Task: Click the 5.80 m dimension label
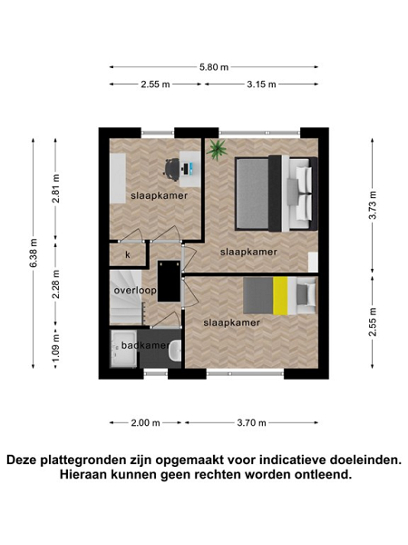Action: pyautogui.click(x=214, y=67)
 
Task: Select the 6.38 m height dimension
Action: pyautogui.click(x=34, y=253)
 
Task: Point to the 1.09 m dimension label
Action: pyautogui.click(x=56, y=347)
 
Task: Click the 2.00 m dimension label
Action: pyautogui.click(x=145, y=422)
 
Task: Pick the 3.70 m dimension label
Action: pyautogui.click(x=251, y=422)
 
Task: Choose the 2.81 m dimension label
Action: pyautogui.click(x=56, y=188)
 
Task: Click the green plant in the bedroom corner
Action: pyautogui.click(x=217, y=150)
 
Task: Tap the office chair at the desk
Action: pyautogui.click(x=171, y=170)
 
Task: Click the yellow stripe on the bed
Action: pyautogui.click(x=280, y=296)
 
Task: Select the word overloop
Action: pyautogui.click(x=135, y=291)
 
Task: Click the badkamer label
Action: pyautogui.click(x=145, y=345)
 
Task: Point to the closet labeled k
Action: pyautogui.click(x=127, y=254)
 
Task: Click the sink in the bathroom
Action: pyautogui.click(x=175, y=349)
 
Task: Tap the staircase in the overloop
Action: pyautogui.click(x=126, y=298)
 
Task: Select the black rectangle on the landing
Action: pyautogui.click(x=169, y=282)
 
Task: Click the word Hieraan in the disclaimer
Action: pyautogui.click(x=83, y=474)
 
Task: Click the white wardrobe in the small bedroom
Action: pyautogui.click(x=118, y=178)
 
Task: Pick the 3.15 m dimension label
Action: pyautogui.click(x=261, y=84)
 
